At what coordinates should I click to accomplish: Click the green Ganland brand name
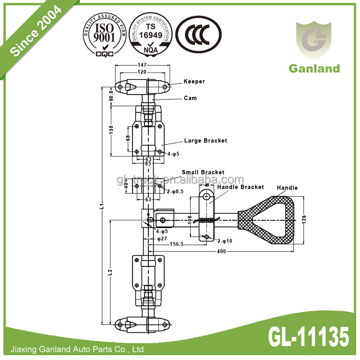tap(314, 68)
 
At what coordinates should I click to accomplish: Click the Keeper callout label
tap(194, 82)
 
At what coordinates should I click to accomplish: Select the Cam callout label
tap(190, 98)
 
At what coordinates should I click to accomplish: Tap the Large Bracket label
tap(205, 141)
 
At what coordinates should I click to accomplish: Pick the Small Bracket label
tap(203, 172)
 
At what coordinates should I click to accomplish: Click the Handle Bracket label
tap(240, 187)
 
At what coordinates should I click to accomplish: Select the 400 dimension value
tap(221, 252)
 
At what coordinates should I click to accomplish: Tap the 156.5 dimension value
tap(177, 244)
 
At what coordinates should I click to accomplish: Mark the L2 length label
tap(110, 272)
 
